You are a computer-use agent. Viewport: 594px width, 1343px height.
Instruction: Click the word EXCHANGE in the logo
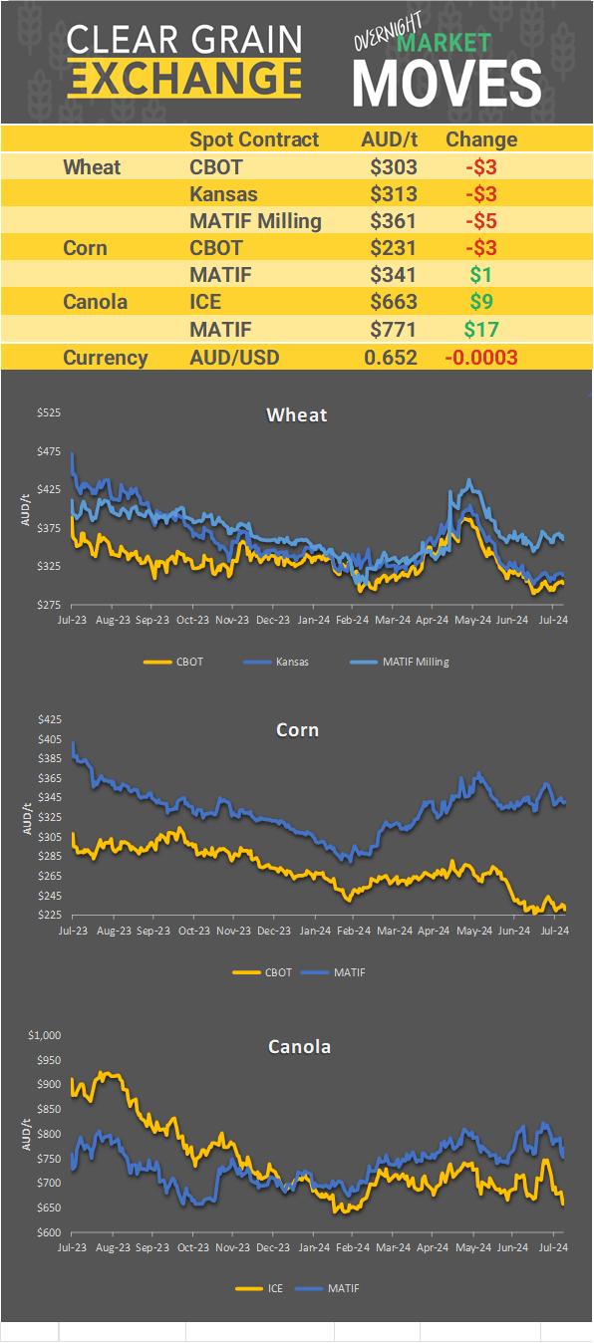click(x=184, y=78)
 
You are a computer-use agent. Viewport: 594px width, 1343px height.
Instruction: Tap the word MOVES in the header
click(x=446, y=82)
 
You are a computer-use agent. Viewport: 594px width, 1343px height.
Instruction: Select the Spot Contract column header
click(x=254, y=139)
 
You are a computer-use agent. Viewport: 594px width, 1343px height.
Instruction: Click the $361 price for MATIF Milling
click(x=394, y=220)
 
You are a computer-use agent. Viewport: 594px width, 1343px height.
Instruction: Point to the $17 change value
click(x=481, y=328)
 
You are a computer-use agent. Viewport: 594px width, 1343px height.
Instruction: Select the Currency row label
click(x=106, y=358)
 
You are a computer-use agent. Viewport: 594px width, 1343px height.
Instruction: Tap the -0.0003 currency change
click(x=481, y=358)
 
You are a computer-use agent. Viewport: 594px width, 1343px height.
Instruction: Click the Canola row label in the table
click(x=95, y=301)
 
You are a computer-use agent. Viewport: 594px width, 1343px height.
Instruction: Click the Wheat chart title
click(x=297, y=414)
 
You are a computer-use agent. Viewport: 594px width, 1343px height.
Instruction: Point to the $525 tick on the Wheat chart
click(x=49, y=413)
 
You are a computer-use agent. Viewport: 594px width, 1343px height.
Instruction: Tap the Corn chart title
click(x=297, y=730)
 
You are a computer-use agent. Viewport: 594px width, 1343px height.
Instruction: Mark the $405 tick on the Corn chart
click(x=49, y=739)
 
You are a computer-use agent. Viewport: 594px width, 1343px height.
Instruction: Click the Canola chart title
click(x=299, y=1046)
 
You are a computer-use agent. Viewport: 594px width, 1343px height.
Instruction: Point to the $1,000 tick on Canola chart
click(x=46, y=1036)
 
